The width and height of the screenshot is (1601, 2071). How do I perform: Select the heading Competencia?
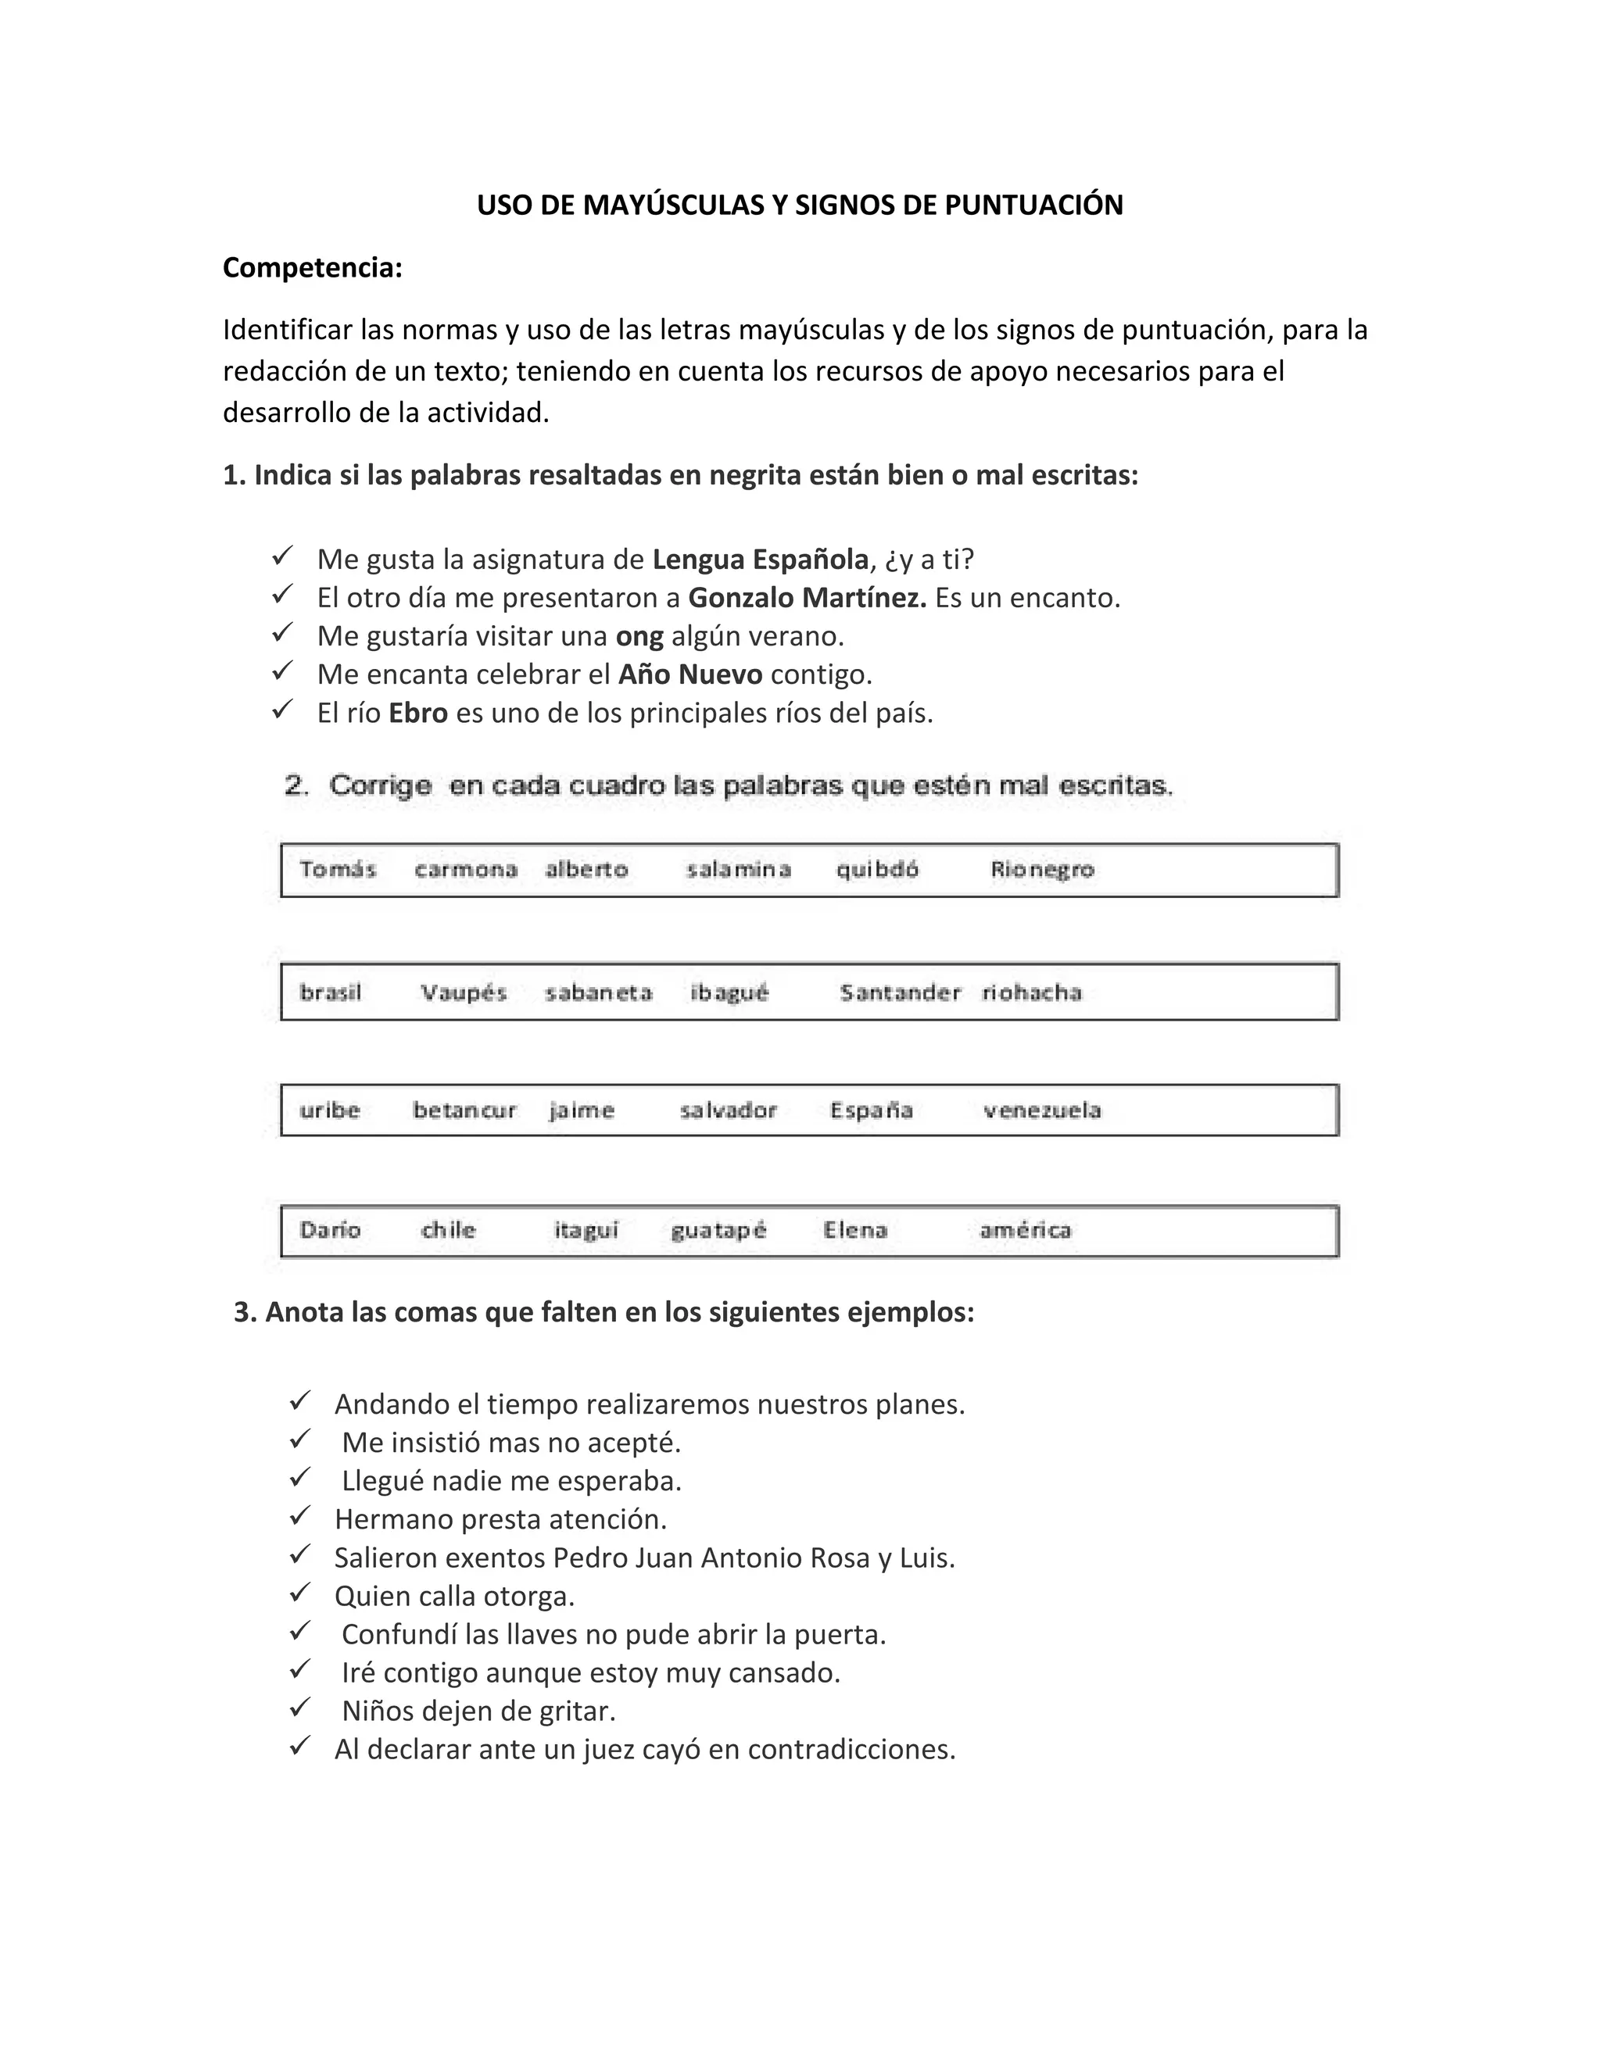click(312, 268)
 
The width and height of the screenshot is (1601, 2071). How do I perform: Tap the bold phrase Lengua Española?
click(760, 560)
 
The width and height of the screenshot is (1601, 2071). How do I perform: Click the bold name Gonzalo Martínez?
click(806, 599)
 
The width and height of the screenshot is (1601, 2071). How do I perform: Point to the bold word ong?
click(639, 636)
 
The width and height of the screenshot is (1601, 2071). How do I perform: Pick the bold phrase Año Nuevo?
click(689, 674)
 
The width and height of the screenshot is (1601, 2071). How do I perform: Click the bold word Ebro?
click(417, 713)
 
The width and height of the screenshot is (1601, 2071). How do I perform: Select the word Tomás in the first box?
click(338, 870)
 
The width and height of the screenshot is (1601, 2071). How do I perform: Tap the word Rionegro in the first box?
click(1041, 870)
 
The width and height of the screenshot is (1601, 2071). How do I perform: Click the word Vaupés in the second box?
click(464, 993)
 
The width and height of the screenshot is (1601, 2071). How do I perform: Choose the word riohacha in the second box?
click(1031, 993)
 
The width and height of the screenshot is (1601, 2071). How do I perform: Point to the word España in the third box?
click(871, 1111)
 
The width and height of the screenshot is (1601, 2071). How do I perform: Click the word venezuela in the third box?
click(1041, 1111)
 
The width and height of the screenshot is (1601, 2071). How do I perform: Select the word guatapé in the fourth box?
click(718, 1231)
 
